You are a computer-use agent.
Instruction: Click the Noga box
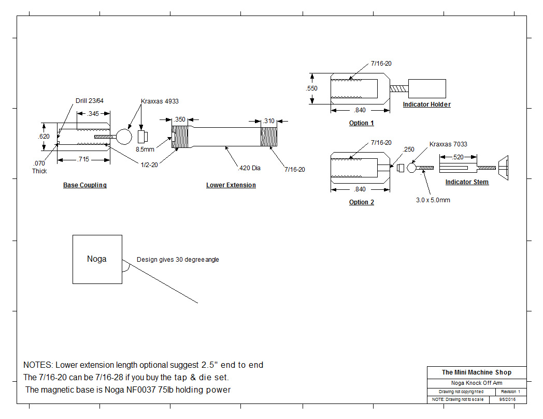[97, 259]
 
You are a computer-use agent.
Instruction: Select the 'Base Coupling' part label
[85, 185]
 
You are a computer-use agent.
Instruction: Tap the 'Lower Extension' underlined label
[231, 185]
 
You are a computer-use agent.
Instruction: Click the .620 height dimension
[44, 136]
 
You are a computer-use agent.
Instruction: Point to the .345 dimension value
[93, 113]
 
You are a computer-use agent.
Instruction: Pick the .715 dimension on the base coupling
[83, 159]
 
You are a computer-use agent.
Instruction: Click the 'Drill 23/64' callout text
[89, 100]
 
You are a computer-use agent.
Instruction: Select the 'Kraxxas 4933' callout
[160, 101]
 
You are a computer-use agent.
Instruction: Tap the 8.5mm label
[145, 149]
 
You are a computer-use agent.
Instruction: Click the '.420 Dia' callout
[249, 168]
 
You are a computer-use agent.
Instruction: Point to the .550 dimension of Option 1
[312, 88]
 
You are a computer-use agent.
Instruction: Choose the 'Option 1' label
[362, 123]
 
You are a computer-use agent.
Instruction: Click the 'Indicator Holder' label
[426, 104]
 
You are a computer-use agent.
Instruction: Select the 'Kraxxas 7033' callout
[448, 144]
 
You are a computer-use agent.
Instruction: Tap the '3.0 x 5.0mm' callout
[433, 200]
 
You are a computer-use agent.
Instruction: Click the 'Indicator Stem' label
[467, 182]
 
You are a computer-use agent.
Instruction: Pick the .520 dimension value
[458, 157]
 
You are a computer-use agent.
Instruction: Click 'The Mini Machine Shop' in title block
[477, 372]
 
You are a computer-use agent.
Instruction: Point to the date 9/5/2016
[507, 399]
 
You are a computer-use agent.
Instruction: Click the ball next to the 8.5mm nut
[124, 137]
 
